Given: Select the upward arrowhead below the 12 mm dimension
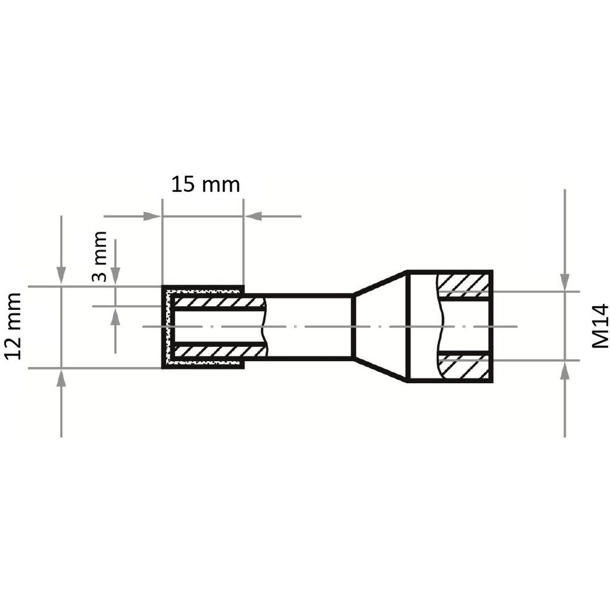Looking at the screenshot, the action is point(61,378).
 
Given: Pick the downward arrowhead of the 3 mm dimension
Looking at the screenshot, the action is point(116,276).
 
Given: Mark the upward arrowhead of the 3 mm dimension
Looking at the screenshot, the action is point(116,317).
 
